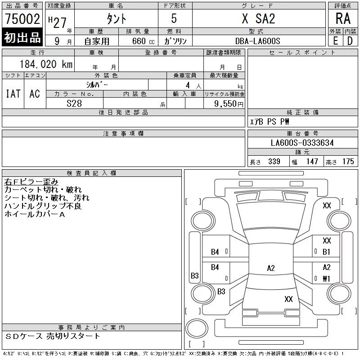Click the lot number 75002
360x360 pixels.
pyautogui.click(x=22, y=19)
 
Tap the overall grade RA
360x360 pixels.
pyautogui.click(x=343, y=18)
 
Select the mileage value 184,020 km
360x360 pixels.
pyautogui.click(x=46, y=64)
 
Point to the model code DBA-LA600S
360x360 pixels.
pyautogui.click(x=257, y=41)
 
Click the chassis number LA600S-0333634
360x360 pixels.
pyautogui.click(x=302, y=143)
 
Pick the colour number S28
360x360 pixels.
pyautogui.click(x=74, y=103)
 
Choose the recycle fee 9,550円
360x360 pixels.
pyautogui.click(x=229, y=104)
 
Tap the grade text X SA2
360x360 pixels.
pyautogui.click(x=258, y=18)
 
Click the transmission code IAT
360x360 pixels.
pyautogui.click(x=13, y=94)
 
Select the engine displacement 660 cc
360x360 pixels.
pyautogui.click(x=143, y=41)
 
